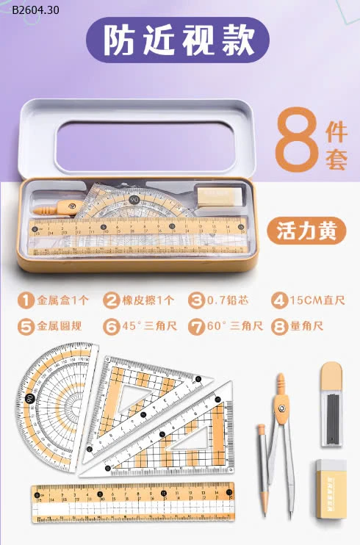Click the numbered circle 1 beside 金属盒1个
click(x=26, y=300)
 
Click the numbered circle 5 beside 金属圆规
click(x=26, y=326)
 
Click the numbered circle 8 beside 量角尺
click(x=278, y=326)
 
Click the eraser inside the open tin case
click(x=217, y=194)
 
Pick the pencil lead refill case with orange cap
click(x=332, y=404)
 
